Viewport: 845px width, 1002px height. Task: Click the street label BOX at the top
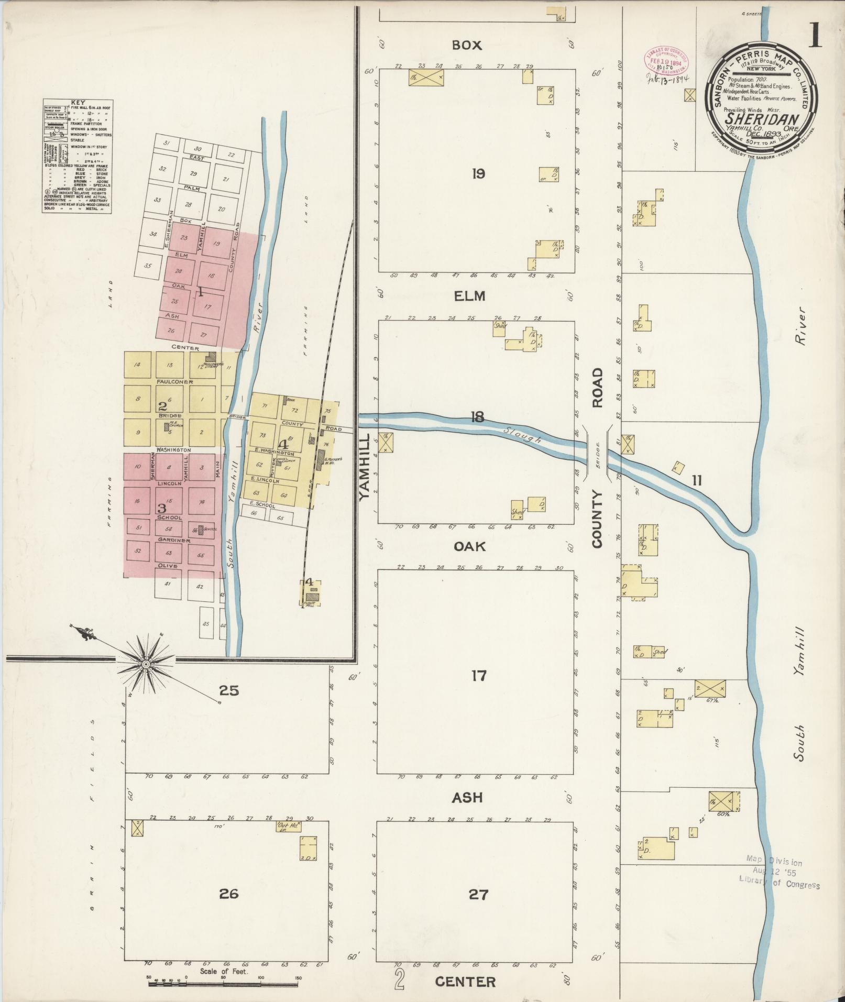(x=467, y=46)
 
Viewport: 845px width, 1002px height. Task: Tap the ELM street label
(x=469, y=296)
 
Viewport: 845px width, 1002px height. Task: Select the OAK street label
(x=469, y=546)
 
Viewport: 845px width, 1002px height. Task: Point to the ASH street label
(x=467, y=797)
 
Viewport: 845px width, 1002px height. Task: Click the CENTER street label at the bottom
(x=466, y=982)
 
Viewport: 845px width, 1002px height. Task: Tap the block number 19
(x=478, y=174)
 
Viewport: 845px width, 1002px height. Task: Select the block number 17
(x=478, y=676)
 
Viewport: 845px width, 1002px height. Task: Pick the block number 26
(x=229, y=893)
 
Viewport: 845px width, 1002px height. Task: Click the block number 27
(x=478, y=894)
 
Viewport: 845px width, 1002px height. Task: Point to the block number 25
(x=229, y=690)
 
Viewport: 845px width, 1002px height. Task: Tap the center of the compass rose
(x=147, y=664)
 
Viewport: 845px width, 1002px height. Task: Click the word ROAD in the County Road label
(x=598, y=388)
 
